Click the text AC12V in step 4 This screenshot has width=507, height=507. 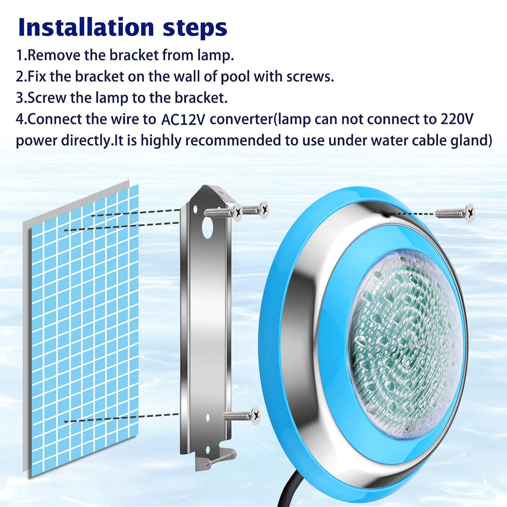click(x=183, y=120)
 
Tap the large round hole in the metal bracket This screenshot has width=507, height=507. click(x=207, y=228)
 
